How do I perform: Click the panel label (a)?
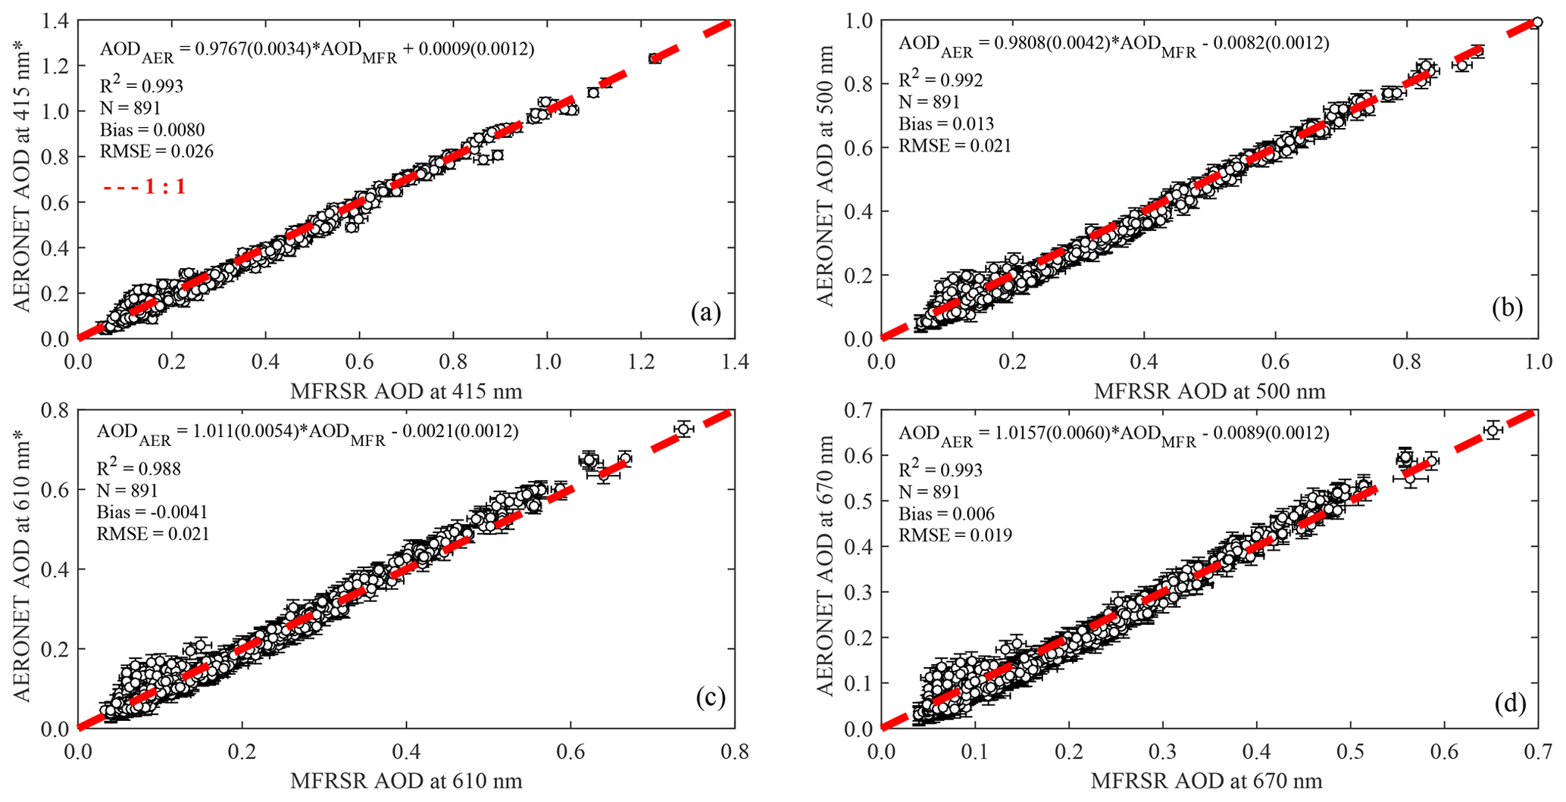click(x=705, y=313)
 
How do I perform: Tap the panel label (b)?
click(x=1507, y=307)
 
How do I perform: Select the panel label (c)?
click(x=711, y=698)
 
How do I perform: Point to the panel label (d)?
click(x=1510, y=704)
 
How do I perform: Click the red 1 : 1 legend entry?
click(x=144, y=186)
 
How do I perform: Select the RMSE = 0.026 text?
click(x=157, y=151)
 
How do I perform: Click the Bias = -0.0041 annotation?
click(x=152, y=513)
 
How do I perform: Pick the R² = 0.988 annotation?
click(x=139, y=469)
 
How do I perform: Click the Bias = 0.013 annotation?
click(x=946, y=123)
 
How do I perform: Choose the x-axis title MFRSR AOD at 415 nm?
click(x=406, y=391)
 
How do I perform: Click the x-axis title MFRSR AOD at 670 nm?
click(x=1206, y=781)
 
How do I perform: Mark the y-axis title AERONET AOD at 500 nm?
click(x=825, y=175)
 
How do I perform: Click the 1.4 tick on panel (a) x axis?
click(x=733, y=363)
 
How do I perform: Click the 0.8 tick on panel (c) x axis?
click(x=733, y=752)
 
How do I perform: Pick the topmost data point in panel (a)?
click(x=655, y=58)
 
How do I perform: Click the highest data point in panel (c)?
click(x=683, y=429)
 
